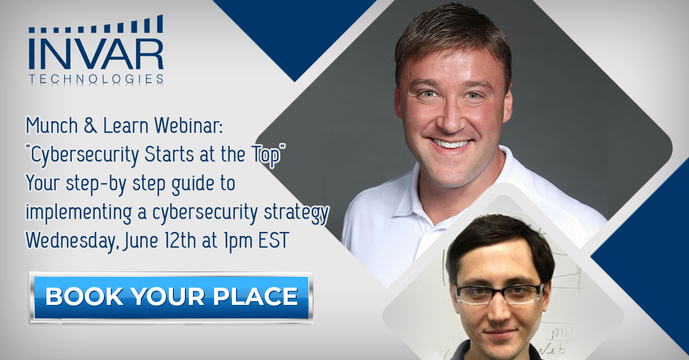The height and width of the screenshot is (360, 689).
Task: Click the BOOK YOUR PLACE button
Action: tap(171, 297)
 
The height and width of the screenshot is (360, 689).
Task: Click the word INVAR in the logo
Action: tap(96, 53)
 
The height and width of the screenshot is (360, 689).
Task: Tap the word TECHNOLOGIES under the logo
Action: tap(96, 79)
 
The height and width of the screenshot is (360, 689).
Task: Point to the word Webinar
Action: tap(188, 125)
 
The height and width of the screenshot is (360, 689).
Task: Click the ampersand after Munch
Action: tap(90, 126)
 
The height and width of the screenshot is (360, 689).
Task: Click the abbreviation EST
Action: tap(273, 240)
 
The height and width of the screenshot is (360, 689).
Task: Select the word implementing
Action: tap(79, 213)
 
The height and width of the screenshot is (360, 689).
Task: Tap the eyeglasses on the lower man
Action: tap(499, 295)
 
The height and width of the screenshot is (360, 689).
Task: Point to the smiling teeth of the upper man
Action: tap(451, 144)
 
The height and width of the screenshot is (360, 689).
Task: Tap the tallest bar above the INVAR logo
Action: tap(160, 24)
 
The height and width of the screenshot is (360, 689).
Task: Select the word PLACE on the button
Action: tap(256, 296)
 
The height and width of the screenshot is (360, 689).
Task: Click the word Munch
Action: tap(52, 125)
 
